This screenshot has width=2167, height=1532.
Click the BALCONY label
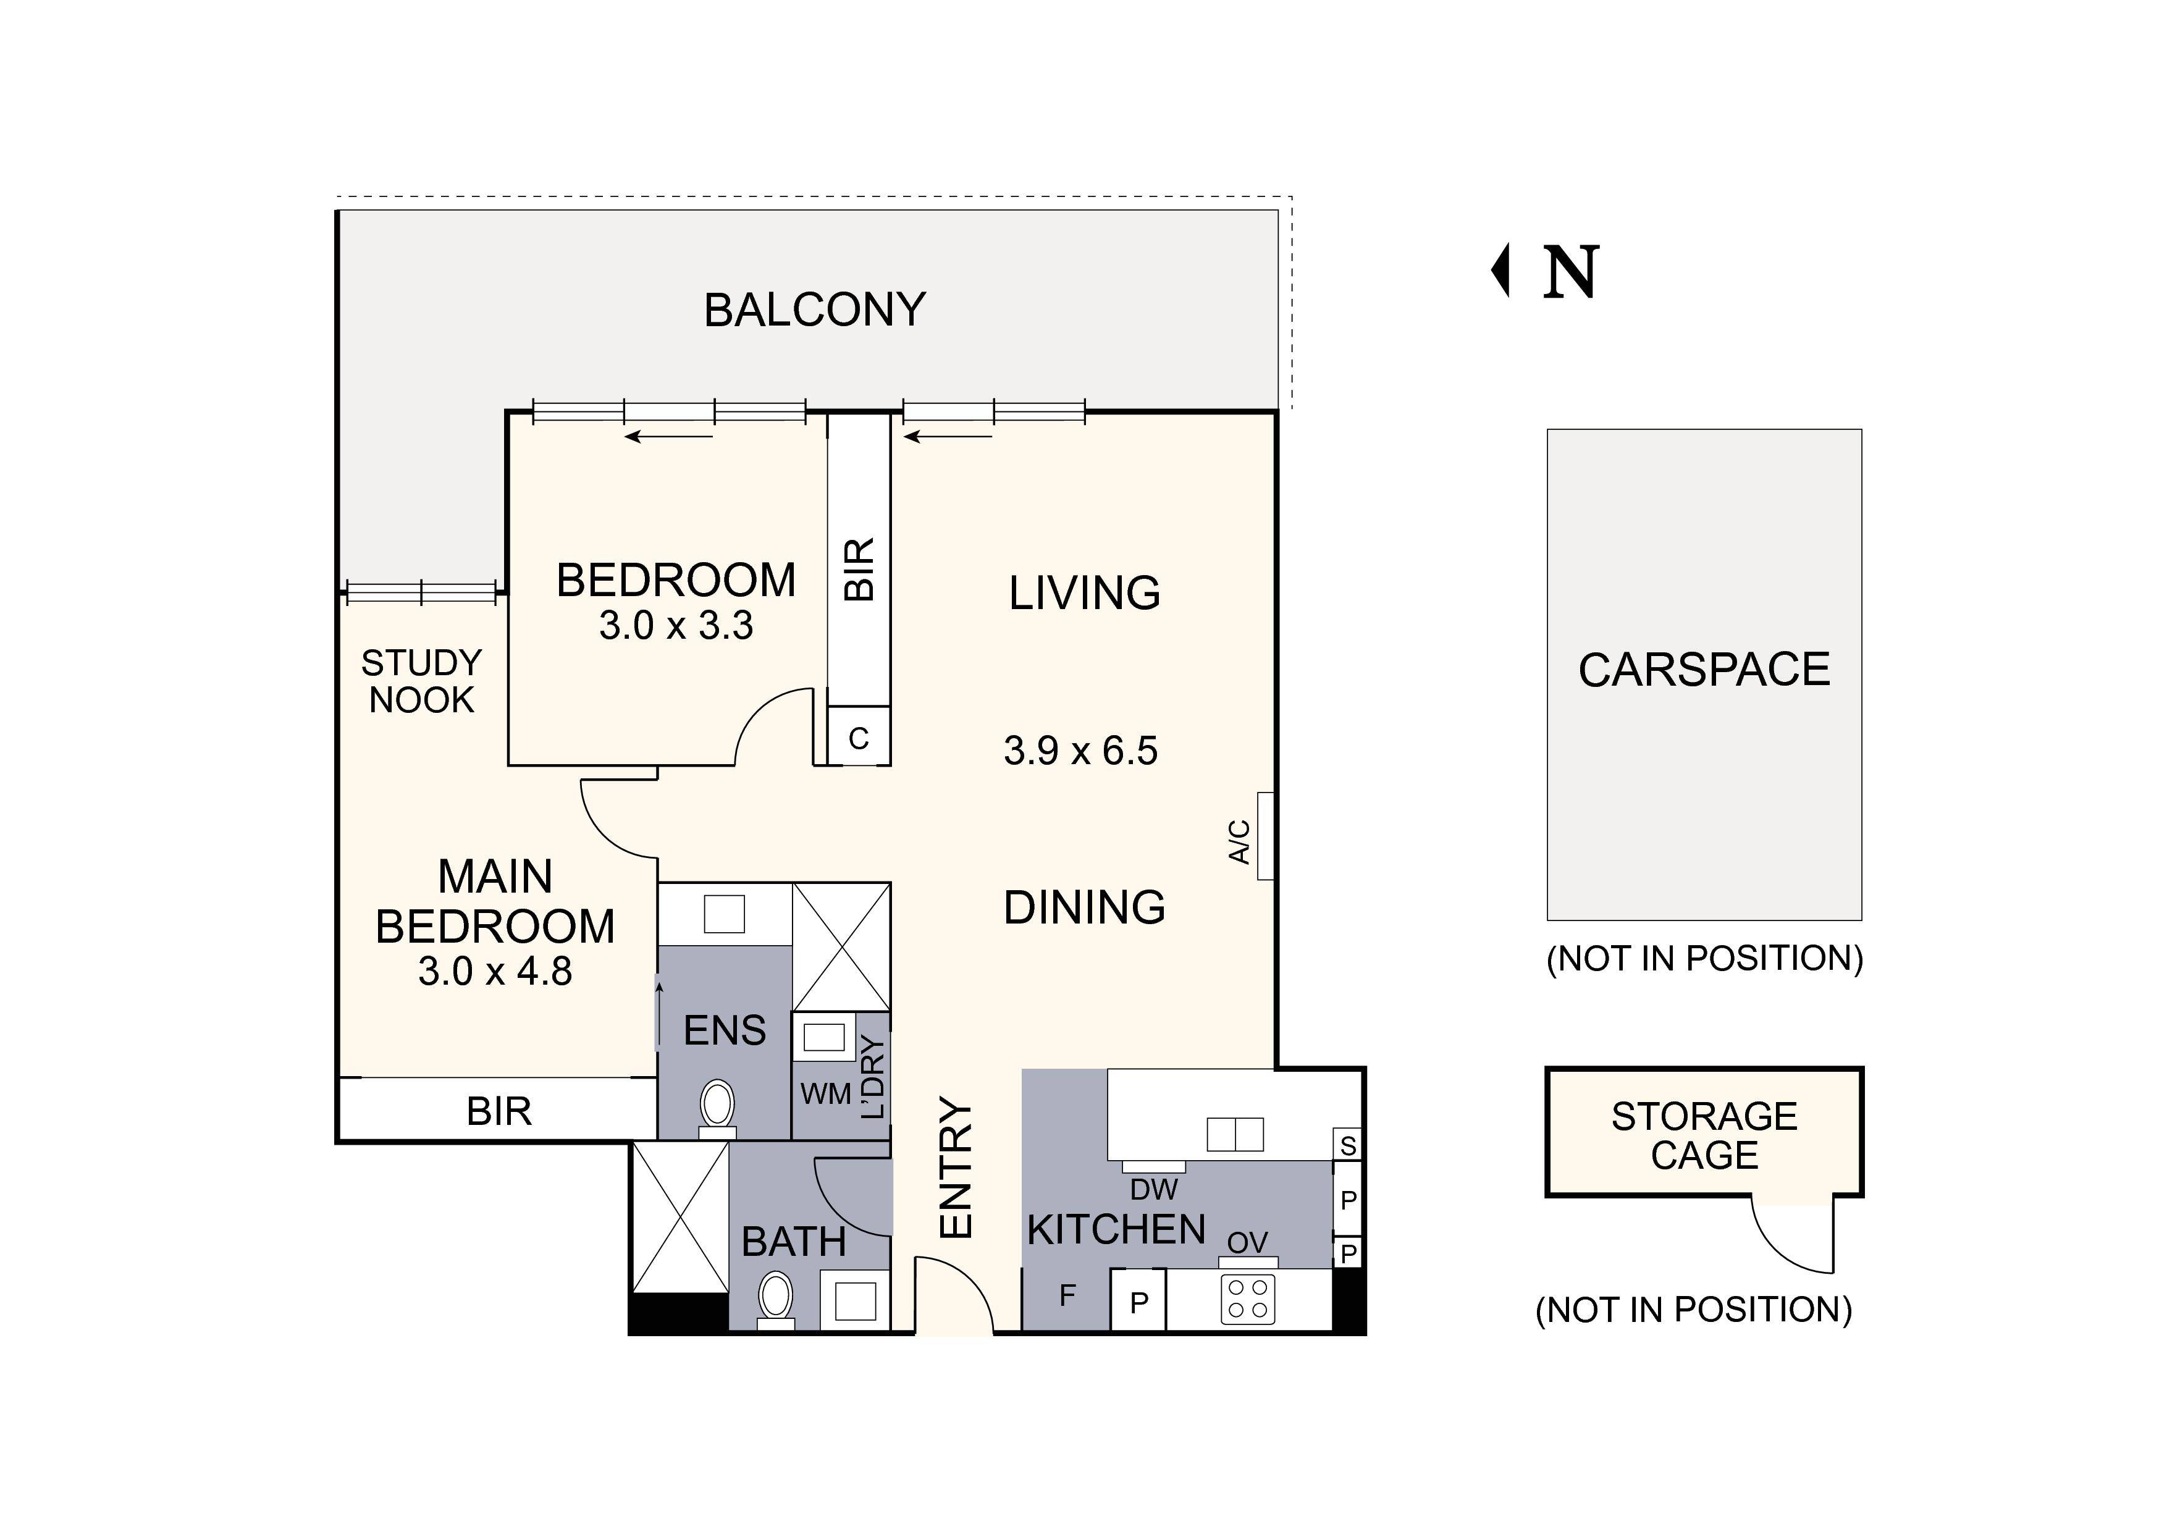pos(815,311)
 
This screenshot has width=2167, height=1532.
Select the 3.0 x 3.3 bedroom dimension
pos(676,626)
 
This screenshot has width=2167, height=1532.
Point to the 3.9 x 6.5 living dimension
pos(1080,751)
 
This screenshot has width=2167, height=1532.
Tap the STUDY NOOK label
pos(421,681)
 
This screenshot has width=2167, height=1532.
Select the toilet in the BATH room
pos(776,1298)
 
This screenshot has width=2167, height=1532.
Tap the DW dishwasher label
pos(1153,1189)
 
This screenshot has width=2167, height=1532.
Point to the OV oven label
pos(1247,1242)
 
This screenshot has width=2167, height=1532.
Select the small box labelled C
pos(858,738)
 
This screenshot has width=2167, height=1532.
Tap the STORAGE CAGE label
pos(1704,1135)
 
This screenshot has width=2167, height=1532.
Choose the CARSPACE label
pos(1704,670)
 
